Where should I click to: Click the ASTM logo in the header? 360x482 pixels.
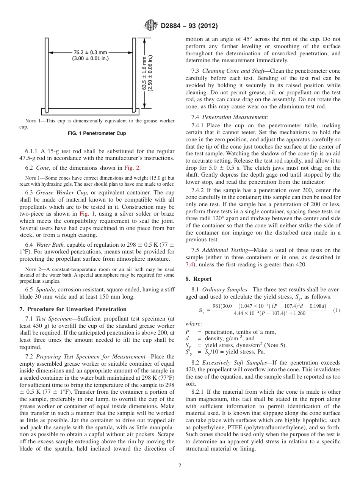point(151,26)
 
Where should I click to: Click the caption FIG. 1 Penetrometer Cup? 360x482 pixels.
point(97,133)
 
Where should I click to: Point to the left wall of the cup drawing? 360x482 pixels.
point(46,76)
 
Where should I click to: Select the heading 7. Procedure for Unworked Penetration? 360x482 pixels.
point(73,309)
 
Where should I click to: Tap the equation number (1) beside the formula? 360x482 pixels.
point(337,310)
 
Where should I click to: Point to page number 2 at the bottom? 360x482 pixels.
point(180,466)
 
